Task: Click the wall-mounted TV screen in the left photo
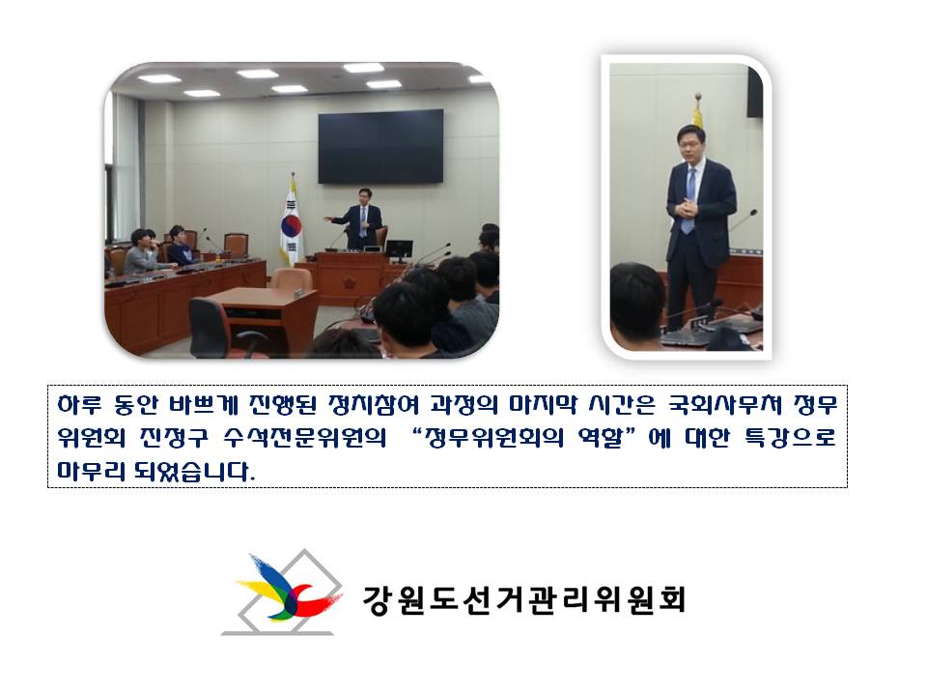(380, 145)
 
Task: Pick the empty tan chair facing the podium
(290, 280)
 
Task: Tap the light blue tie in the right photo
(689, 199)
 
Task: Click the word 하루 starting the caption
(77, 402)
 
